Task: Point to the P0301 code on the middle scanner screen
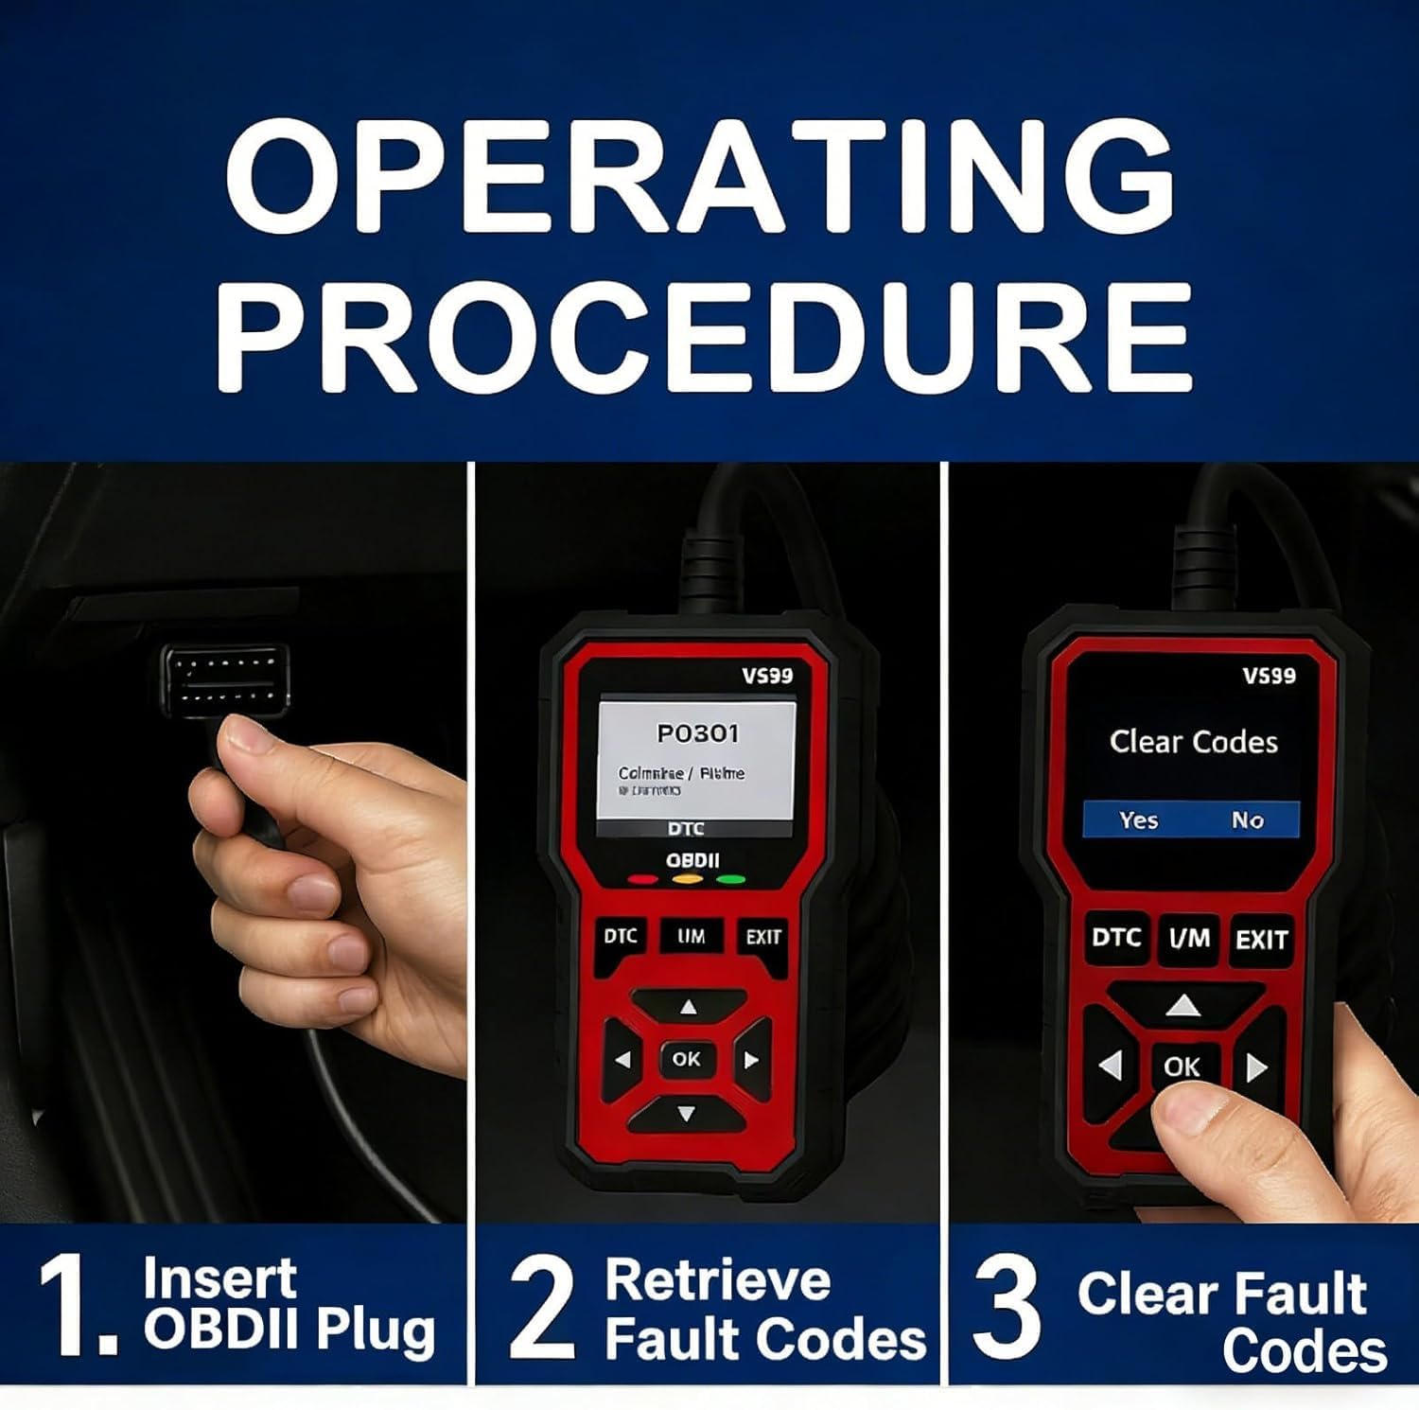pos(697,733)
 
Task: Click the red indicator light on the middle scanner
pos(643,880)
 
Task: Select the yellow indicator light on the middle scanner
pos(688,880)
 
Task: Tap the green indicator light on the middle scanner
pos(731,880)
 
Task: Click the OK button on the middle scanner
pos(686,1059)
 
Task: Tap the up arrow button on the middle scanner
pos(688,1007)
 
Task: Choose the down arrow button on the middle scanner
pos(688,1114)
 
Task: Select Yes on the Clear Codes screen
pos(1138,820)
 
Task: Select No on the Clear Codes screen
pos(1247,820)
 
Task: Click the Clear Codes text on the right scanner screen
pos(1193,742)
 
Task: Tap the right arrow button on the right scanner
pos(1256,1067)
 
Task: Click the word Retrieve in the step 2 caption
pos(717,1279)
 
